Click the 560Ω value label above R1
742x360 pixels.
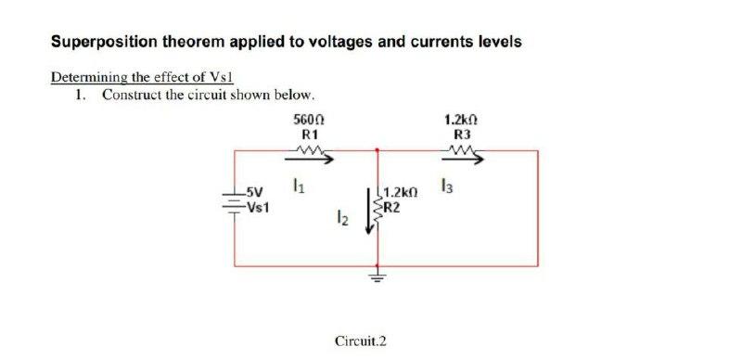306,121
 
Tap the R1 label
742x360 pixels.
306,135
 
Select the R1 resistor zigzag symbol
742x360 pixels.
306,155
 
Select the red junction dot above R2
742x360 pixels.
377,148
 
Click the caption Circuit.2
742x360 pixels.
360,341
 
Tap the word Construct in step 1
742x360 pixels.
132,95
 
